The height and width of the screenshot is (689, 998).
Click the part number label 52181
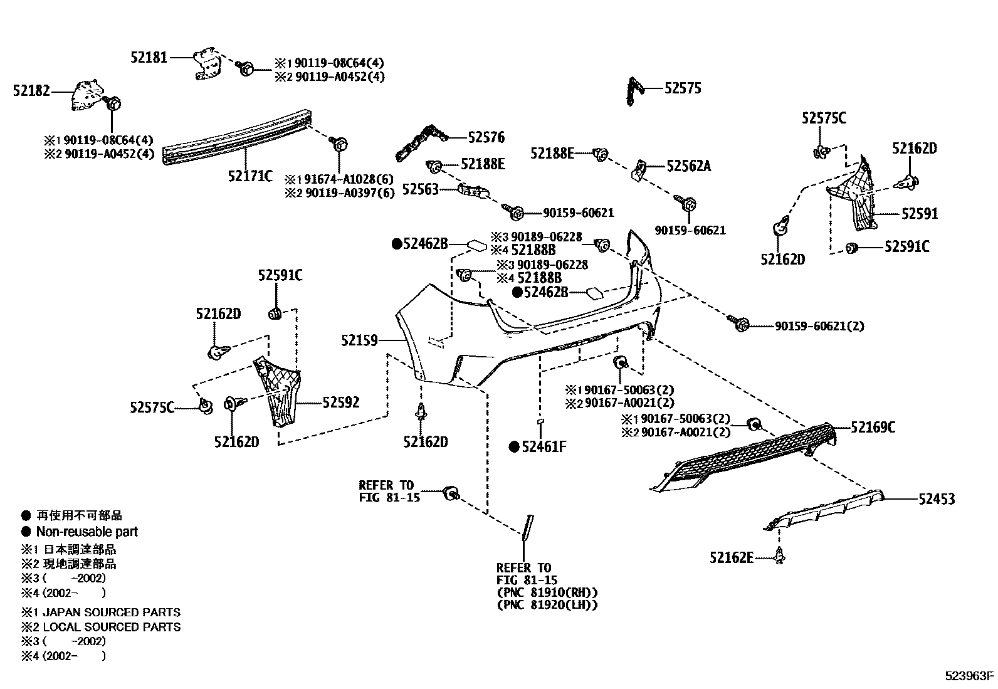tap(149, 57)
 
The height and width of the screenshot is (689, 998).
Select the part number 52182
tap(31, 91)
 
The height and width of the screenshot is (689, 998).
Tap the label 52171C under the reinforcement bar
tap(250, 176)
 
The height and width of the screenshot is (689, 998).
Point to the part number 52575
tap(683, 88)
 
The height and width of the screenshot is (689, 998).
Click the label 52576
tap(486, 137)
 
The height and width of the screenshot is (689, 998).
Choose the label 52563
tap(420, 189)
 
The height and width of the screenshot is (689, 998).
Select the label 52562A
tap(689, 166)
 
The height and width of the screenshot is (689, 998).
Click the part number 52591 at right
tap(920, 213)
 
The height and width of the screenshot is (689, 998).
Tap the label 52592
tap(341, 402)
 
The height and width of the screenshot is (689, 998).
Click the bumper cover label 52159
tap(360, 340)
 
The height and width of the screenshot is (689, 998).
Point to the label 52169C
tap(873, 428)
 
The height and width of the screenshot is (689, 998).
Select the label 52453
tap(937, 499)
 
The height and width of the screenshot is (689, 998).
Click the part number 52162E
tap(732, 557)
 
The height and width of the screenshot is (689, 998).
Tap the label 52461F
tap(544, 446)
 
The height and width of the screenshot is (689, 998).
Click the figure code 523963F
tap(970, 676)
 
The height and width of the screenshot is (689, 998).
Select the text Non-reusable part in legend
tap(87, 532)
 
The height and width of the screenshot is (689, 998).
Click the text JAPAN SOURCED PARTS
tap(112, 613)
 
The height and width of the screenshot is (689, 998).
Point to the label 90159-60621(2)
tap(819, 326)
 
